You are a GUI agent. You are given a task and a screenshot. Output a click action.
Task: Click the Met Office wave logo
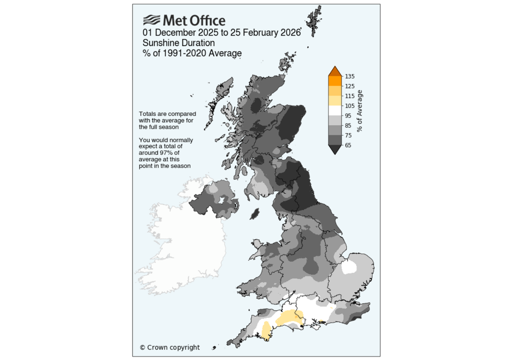pos(152,20)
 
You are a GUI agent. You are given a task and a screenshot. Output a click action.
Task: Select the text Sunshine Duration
pos(178,43)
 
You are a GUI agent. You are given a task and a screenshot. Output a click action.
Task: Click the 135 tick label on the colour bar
pos(349,76)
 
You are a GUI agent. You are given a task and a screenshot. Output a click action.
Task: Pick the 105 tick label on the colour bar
pos(349,106)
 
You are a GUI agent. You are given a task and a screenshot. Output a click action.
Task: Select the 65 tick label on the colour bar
pos(348,145)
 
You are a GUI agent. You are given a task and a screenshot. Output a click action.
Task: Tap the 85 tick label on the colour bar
pos(348,125)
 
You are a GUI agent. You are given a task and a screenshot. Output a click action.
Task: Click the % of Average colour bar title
pos(360,111)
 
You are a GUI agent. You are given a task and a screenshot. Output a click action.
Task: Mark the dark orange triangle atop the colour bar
pos(334,71)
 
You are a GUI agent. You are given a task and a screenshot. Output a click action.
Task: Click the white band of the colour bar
pos(334,110)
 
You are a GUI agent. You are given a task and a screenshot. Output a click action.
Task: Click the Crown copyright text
pos(169,347)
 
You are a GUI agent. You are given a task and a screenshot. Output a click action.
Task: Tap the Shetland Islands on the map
pos(313,22)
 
